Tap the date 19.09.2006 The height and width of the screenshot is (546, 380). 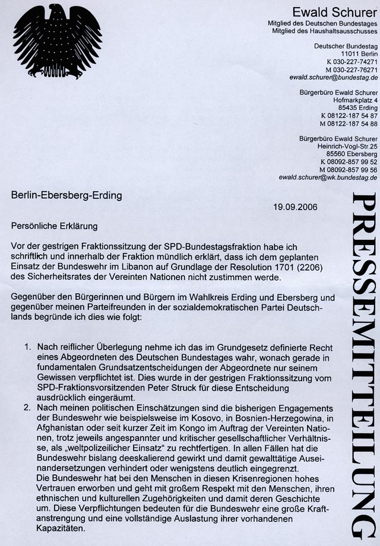click(296, 207)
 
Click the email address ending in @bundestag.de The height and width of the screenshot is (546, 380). click(334, 77)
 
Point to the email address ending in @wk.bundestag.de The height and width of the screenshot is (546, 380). click(328, 177)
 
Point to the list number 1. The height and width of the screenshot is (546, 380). click(28, 345)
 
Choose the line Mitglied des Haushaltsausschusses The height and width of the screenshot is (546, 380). click(322, 30)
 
